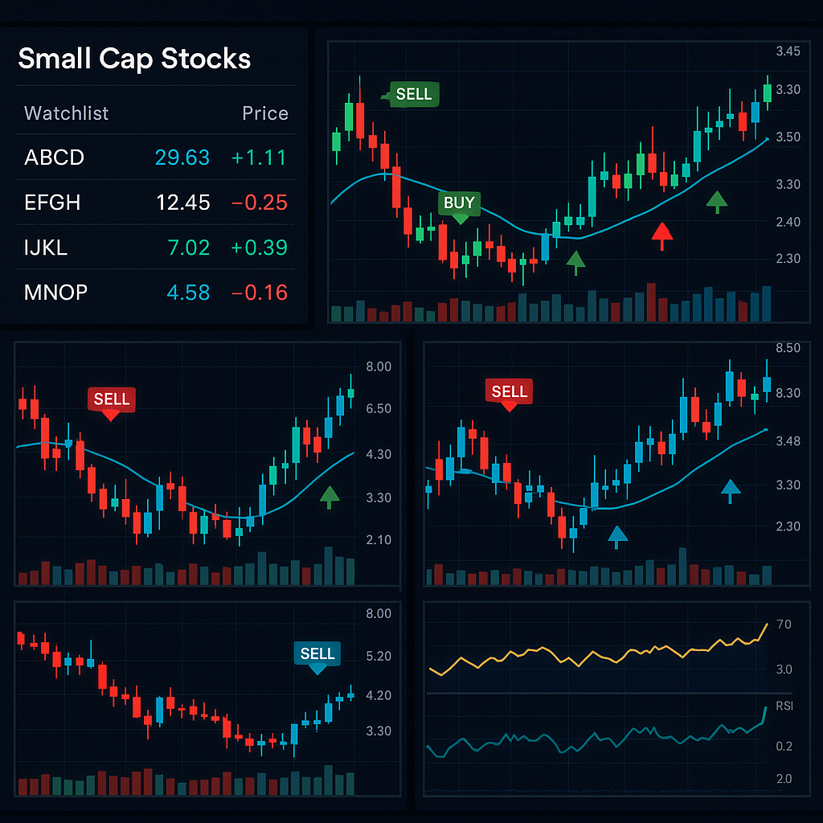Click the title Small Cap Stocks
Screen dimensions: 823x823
(134, 59)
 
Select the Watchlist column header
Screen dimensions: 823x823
(66, 113)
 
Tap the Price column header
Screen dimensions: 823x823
(264, 113)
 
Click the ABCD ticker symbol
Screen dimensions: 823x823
(54, 158)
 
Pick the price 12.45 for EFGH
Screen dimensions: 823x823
(183, 203)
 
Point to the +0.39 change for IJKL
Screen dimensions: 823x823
(259, 248)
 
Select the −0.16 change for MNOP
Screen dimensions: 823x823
(259, 293)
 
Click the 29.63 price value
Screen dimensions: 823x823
(182, 158)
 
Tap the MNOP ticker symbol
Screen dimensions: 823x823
(55, 293)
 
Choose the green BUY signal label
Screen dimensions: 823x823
(459, 203)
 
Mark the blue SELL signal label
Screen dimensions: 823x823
(317, 653)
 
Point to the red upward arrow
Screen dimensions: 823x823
(661, 235)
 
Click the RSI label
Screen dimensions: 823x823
(784, 706)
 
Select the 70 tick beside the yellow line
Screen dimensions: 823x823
(784, 624)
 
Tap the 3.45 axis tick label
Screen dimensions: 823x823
(788, 51)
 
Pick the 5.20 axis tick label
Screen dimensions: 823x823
(378, 656)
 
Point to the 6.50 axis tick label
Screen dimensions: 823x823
(378, 408)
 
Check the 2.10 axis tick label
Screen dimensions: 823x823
(378, 539)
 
